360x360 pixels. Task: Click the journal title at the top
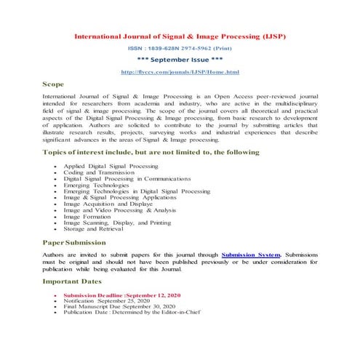click(x=180, y=34)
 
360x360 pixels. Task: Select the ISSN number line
click(x=180, y=48)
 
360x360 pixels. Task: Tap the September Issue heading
click(x=180, y=60)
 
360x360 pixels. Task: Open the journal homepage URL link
click(x=180, y=72)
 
